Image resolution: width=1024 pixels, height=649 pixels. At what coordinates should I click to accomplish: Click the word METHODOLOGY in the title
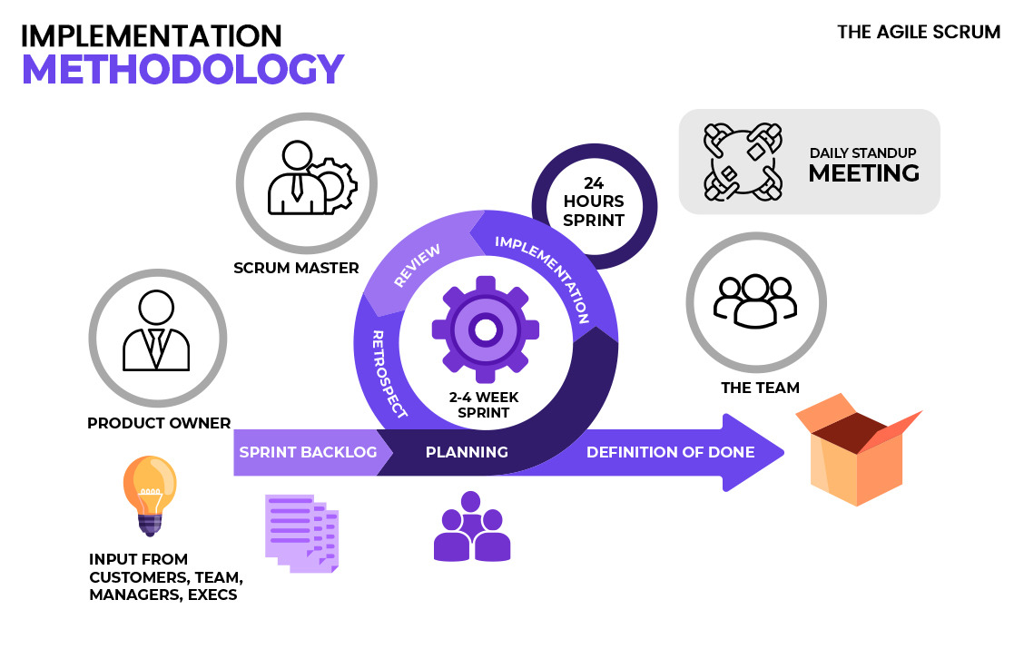tap(182, 70)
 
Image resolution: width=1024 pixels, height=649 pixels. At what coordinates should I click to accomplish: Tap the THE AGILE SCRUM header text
tap(919, 32)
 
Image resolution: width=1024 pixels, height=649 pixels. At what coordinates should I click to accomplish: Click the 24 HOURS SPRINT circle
tap(595, 201)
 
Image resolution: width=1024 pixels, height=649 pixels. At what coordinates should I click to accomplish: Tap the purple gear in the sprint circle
tap(485, 329)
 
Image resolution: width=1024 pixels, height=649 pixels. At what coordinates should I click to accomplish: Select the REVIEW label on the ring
tap(417, 266)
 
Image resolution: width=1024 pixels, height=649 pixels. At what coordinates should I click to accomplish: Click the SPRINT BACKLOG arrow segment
tap(308, 452)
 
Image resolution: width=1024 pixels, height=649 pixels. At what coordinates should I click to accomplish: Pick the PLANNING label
tap(467, 452)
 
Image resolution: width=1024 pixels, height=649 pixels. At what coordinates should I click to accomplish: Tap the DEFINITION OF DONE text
tap(670, 452)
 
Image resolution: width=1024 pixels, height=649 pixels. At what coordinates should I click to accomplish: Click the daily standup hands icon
tap(743, 162)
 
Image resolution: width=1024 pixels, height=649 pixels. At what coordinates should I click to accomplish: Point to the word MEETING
tap(863, 172)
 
